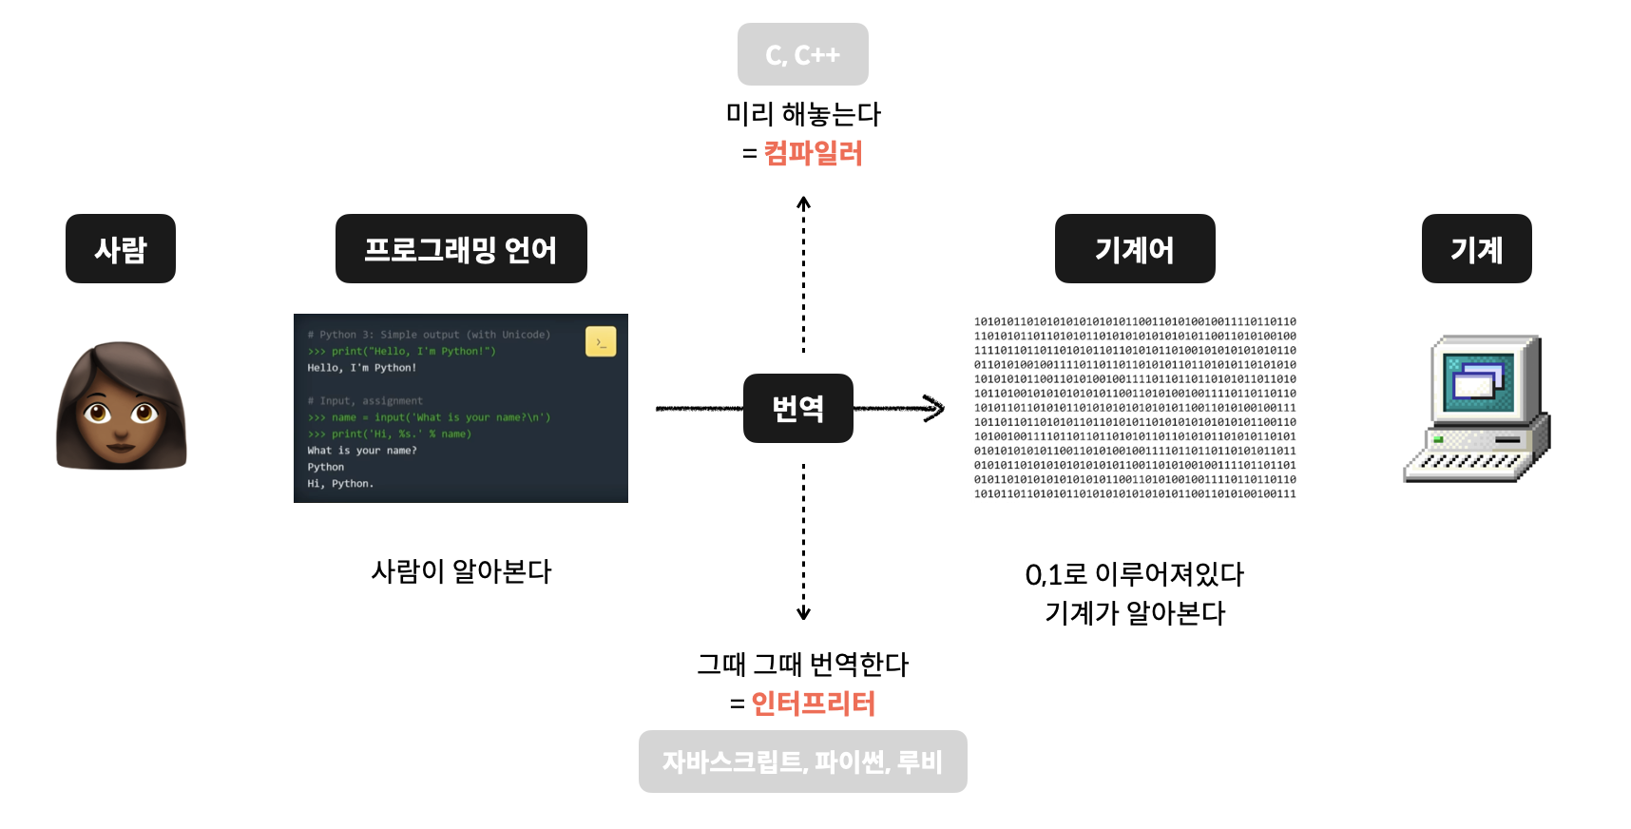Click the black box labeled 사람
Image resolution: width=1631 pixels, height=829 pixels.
[121, 249]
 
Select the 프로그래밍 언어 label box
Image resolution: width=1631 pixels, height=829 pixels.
[461, 249]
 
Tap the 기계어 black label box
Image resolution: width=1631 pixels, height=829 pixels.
[1135, 249]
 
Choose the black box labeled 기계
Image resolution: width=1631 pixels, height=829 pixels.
[1476, 249]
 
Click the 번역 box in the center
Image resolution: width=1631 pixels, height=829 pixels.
[797, 408]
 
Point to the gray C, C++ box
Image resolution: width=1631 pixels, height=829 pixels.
[802, 55]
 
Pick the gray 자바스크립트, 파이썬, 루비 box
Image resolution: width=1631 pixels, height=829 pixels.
[802, 762]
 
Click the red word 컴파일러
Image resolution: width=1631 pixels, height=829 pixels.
[814, 153]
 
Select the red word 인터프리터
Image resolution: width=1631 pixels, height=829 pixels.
[814, 704]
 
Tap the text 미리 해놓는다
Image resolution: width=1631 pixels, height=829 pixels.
[803, 114]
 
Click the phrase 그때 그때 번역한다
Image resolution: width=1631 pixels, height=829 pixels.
[803, 664]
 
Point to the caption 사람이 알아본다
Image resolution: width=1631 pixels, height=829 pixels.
[461, 571]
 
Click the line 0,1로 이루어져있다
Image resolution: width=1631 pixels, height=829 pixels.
[1135, 574]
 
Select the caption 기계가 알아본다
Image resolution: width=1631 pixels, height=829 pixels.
[1135, 613]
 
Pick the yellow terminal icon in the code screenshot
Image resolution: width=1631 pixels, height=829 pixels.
[601, 341]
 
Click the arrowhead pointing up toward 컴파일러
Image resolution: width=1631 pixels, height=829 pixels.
[803, 203]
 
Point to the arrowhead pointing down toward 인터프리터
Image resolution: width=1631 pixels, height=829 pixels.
[803, 613]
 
